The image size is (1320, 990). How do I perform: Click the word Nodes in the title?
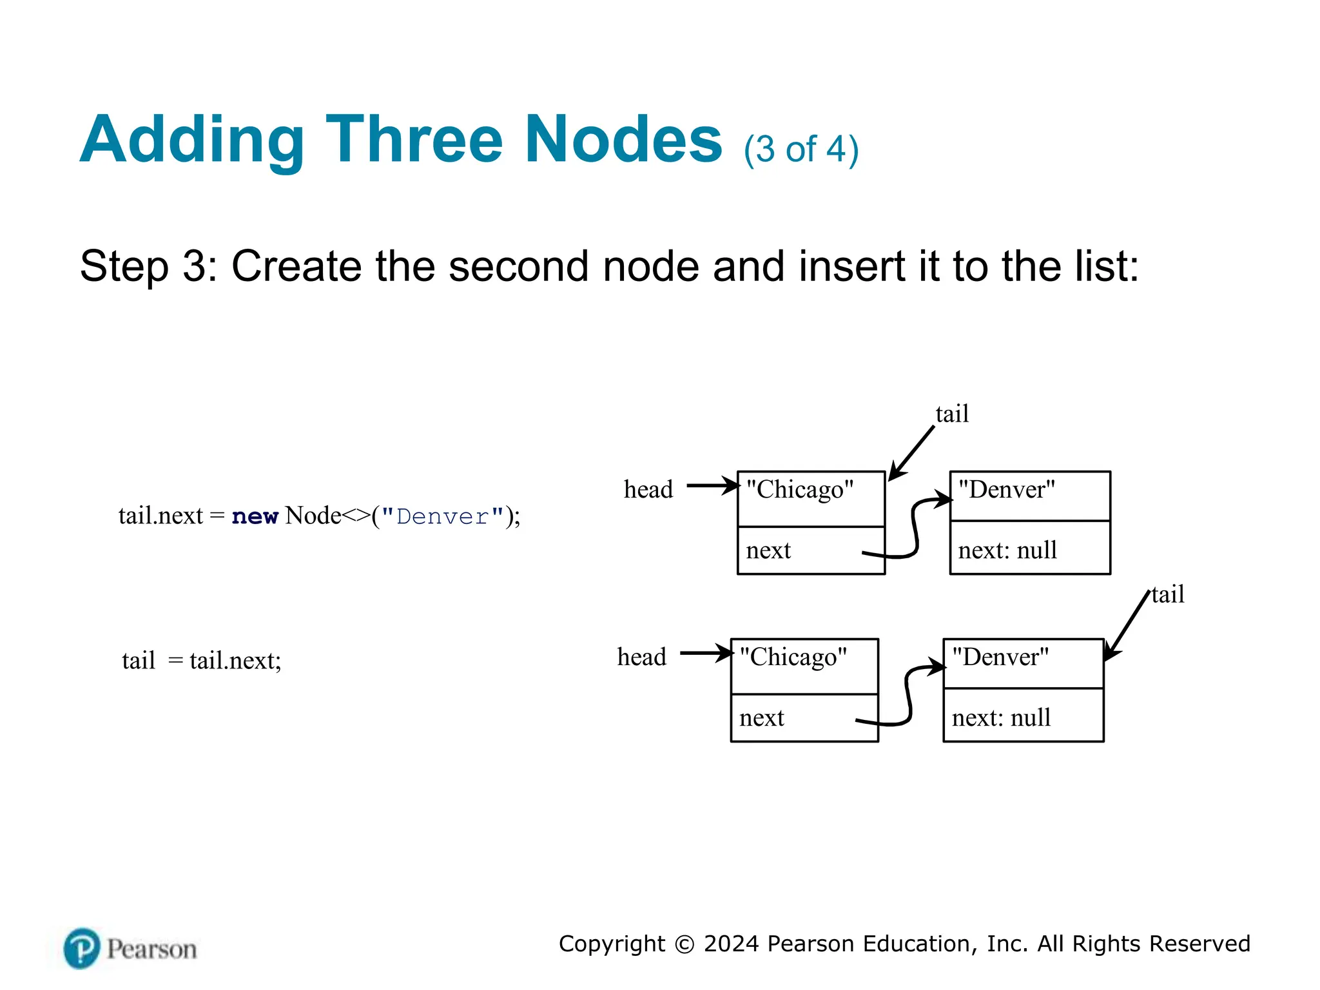coord(623,140)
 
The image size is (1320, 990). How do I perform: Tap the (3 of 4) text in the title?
coord(801,150)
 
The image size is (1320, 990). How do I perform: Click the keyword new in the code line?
coord(255,516)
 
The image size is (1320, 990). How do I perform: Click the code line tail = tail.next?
coord(202,661)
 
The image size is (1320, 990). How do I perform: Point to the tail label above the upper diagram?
coord(952,414)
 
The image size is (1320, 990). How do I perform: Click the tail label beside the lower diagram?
coord(1168,594)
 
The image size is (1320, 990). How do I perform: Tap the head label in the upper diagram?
coord(648,490)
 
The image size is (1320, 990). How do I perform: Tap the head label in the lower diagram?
coord(641,657)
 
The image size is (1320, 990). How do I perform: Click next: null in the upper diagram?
coord(1007,550)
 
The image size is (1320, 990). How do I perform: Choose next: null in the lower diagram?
coord(1001,718)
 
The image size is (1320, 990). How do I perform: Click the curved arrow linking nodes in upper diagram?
coord(915,529)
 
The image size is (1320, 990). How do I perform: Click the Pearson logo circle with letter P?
coord(82,948)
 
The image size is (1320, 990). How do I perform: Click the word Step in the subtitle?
coord(124,266)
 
